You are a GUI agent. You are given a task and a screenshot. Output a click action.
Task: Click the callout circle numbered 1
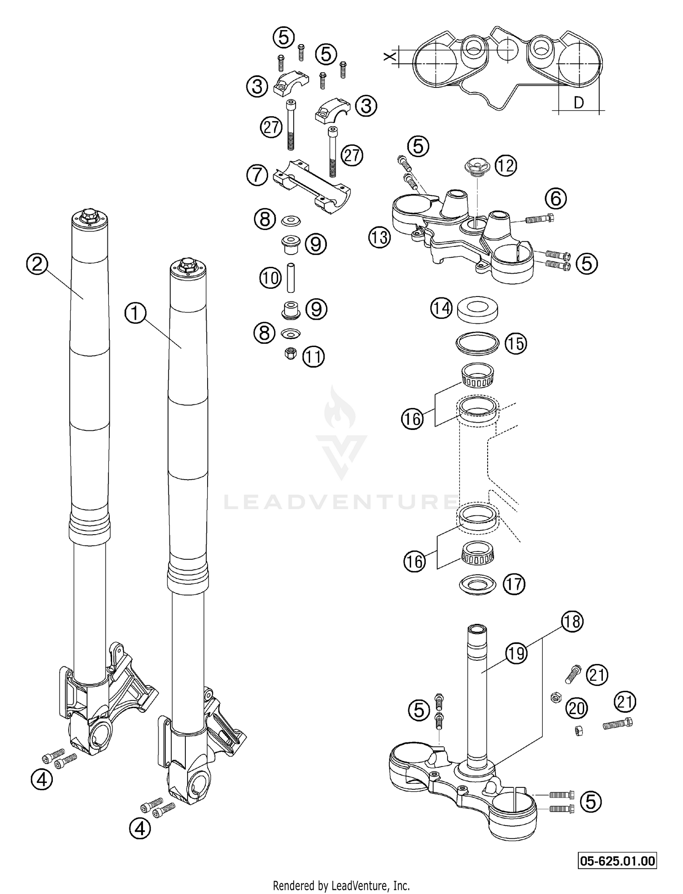[135, 314]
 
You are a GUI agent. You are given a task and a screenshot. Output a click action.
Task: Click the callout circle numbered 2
[37, 264]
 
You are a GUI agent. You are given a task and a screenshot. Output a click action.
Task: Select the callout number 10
[270, 278]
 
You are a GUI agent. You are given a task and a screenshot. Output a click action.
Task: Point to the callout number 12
[505, 165]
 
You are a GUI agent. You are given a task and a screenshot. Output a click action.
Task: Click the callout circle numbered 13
[379, 237]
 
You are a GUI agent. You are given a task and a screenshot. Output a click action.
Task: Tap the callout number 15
[515, 343]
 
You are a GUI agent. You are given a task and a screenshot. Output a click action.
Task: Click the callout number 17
[514, 584]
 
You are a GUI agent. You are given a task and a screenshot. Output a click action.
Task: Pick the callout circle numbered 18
[572, 621]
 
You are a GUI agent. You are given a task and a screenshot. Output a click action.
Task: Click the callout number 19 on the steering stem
[516, 654]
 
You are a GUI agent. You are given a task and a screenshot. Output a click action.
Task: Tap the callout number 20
[576, 708]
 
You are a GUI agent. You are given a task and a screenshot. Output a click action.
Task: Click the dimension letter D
[578, 103]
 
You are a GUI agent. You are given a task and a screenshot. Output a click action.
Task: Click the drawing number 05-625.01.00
[617, 861]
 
